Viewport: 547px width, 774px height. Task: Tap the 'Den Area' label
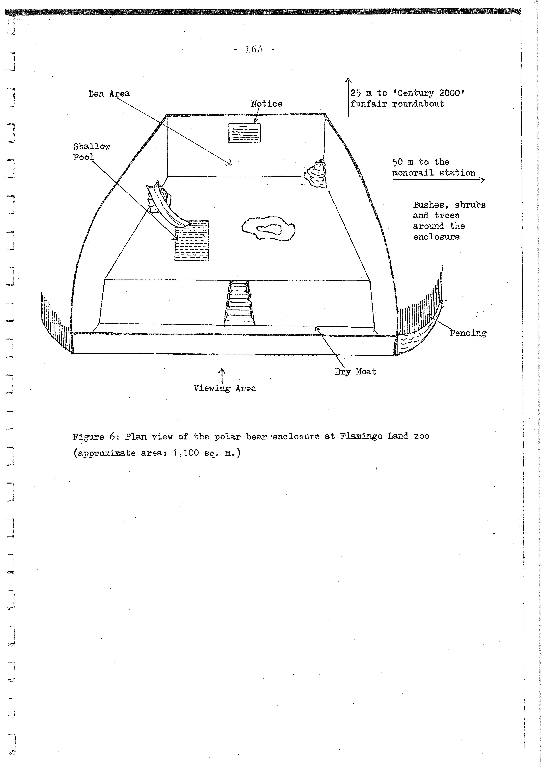(x=109, y=94)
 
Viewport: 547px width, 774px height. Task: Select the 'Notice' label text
(x=267, y=104)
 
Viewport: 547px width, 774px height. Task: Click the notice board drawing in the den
(x=245, y=133)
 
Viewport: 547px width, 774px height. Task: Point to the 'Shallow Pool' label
(x=91, y=152)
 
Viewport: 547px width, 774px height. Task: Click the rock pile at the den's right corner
(x=316, y=175)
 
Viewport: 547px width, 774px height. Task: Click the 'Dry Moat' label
(x=356, y=372)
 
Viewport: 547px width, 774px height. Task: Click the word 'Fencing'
(x=468, y=333)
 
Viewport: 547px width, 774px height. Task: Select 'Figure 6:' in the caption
(x=95, y=437)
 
